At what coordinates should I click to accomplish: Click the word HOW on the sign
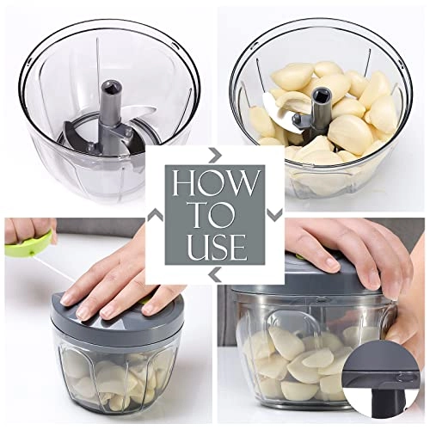(x=214, y=184)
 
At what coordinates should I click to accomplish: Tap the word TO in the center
(x=214, y=214)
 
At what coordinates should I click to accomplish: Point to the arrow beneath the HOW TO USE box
(x=214, y=274)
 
